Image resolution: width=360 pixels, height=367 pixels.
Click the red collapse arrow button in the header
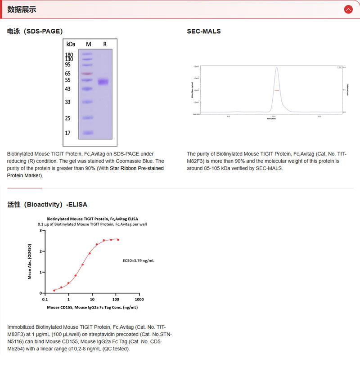(x=348, y=9)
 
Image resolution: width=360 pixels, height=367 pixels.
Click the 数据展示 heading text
(x=22, y=9)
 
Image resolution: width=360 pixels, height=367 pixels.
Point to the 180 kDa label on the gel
(x=69, y=54)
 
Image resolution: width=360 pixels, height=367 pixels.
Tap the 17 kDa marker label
(x=67, y=133)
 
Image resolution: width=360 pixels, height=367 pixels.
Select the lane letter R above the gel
(x=105, y=44)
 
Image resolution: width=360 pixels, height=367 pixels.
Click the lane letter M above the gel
(x=88, y=44)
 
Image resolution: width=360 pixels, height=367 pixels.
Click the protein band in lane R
(x=103, y=82)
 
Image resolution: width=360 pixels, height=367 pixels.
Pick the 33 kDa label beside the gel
(x=67, y=102)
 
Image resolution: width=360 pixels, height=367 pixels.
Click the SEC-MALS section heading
(x=204, y=31)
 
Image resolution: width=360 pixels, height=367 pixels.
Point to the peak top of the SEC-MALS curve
(x=277, y=68)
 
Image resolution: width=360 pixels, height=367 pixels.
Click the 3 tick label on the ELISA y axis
(x=40, y=230)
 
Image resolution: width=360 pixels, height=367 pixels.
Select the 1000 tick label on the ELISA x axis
(x=139, y=299)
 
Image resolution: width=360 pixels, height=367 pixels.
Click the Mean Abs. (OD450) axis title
(x=30, y=262)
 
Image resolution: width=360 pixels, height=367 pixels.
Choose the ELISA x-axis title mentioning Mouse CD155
(x=92, y=308)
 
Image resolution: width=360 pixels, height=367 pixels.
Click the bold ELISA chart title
(x=92, y=219)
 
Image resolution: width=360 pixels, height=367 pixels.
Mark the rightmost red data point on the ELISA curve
(x=118, y=240)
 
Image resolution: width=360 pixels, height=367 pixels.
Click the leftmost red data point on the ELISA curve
(x=54, y=290)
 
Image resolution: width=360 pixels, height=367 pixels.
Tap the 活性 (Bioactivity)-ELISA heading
(x=47, y=204)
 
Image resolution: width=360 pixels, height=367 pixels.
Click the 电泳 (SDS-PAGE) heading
(x=35, y=31)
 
